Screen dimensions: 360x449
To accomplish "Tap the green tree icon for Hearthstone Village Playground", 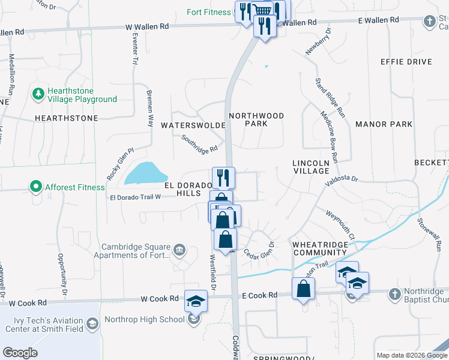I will (38, 94).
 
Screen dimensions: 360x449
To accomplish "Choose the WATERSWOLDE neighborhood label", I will (193, 125).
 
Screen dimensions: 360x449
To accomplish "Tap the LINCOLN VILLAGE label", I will (311, 167).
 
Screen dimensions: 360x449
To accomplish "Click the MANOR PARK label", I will (384, 124).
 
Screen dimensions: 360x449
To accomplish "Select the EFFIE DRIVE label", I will (406, 62).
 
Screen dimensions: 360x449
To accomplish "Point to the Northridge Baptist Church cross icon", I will (394, 294).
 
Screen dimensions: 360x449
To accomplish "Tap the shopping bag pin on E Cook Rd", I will (304, 289).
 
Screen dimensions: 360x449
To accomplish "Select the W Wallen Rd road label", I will (148, 27).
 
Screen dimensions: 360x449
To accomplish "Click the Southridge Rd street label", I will (199, 143).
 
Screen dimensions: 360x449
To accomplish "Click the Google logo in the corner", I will (20, 353).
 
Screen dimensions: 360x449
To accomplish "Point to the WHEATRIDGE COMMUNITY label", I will (320, 248).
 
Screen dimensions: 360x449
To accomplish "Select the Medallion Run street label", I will (11, 72).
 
